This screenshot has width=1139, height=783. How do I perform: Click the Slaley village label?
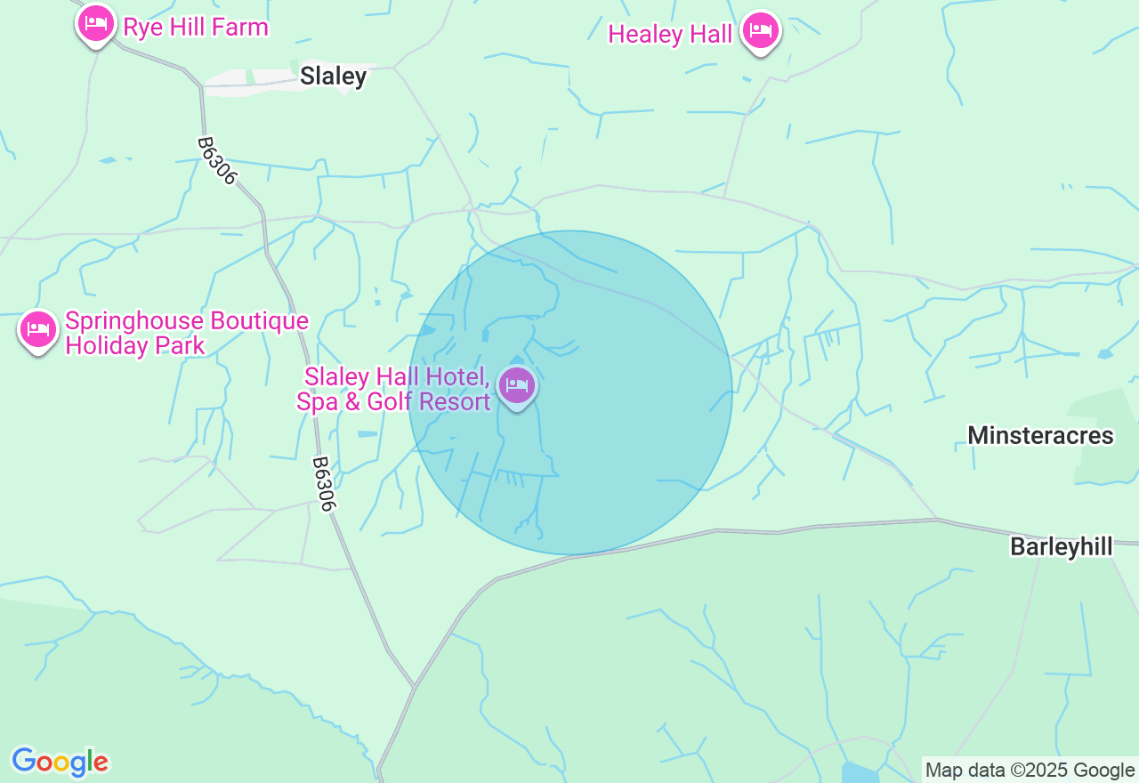(333, 77)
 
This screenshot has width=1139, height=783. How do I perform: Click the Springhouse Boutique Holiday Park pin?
(38, 330)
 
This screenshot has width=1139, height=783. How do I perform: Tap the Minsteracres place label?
(1040, 435)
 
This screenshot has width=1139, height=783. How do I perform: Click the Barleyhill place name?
(1061, 546)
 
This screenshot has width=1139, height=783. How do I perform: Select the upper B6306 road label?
(217, 161)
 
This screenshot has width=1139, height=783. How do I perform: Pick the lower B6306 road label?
(325, 484)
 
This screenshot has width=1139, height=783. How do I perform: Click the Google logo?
(60, 763)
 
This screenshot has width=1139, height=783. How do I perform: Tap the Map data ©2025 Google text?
(1030, 771)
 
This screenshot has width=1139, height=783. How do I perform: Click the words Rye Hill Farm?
(196, 28)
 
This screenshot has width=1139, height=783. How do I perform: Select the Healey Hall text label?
(669, 35)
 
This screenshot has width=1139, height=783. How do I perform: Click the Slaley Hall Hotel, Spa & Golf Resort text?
(395, 389)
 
